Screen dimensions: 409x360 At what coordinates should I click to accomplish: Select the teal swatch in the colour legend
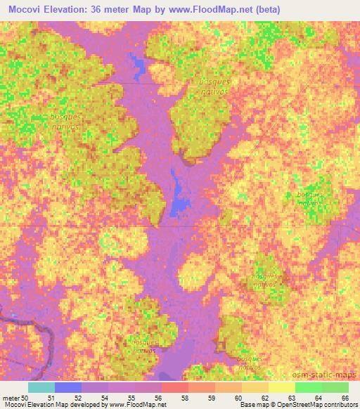[x=41, y=387]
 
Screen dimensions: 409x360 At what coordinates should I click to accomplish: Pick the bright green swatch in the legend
[x=308, y=387]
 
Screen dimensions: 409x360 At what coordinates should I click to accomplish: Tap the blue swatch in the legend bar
[x=67, y=387]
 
